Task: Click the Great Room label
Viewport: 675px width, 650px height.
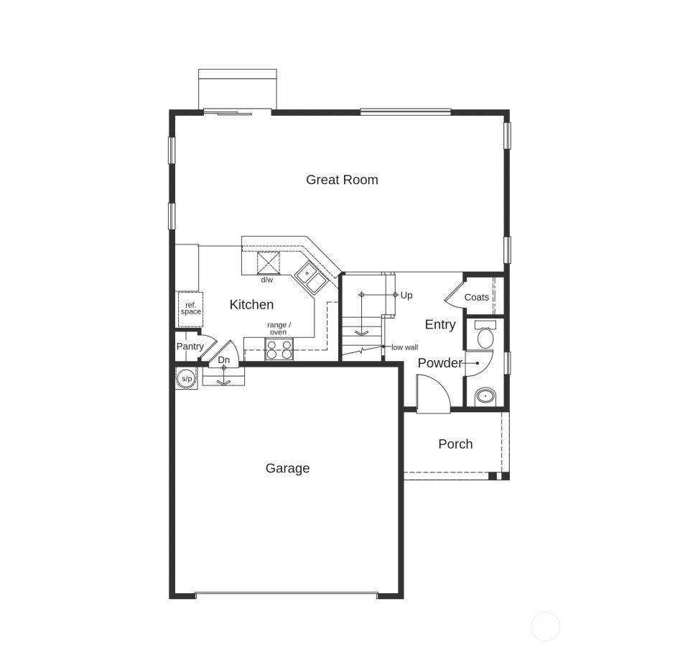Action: (342, 180)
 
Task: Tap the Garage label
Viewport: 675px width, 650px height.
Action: (287, 468)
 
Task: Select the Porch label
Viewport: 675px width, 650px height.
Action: (455, 444)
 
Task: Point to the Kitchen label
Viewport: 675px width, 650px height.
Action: (251, 305)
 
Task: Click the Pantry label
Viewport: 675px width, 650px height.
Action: (190, 347)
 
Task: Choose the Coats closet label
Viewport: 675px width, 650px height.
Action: (477, 297)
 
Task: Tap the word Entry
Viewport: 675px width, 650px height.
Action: (440, 324)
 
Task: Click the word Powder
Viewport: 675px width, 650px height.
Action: (439, 363)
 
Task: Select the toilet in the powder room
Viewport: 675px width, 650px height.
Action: (485, 336)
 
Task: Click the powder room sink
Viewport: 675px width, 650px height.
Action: (485, 395)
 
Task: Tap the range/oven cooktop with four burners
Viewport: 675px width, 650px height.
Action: (279, 349)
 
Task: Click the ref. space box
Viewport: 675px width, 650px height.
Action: (190, 308)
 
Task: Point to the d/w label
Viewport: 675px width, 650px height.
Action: (266, 280)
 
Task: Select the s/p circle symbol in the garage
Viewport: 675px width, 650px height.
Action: (187, 378)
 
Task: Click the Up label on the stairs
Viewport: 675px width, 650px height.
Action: (406, 296)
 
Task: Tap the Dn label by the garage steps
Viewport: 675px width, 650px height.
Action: (224, 360)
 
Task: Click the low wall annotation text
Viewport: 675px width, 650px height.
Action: (404, 347)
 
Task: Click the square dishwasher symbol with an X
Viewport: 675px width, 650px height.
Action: (268, 262)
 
